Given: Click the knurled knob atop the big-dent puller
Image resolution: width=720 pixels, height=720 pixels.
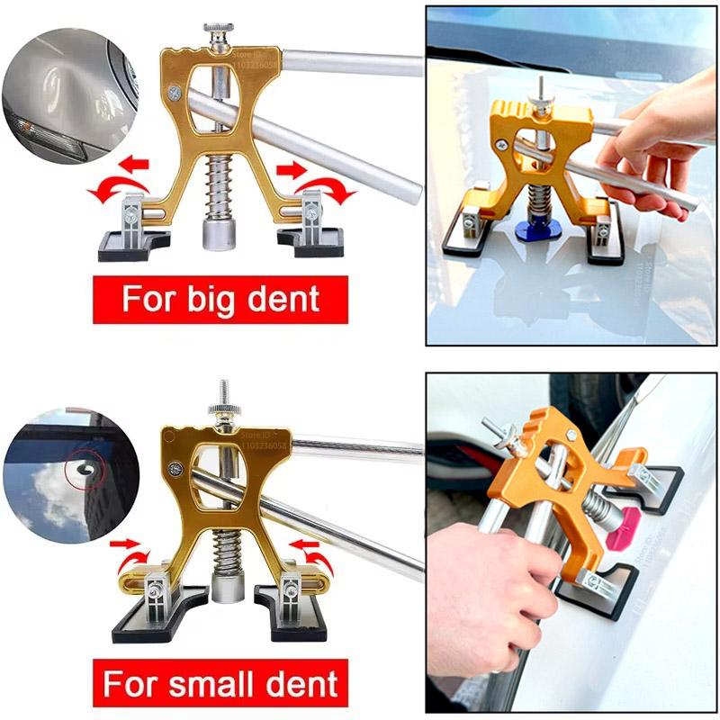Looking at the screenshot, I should coord(216,37).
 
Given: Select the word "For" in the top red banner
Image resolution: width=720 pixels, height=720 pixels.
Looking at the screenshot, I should coord(149,298).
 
